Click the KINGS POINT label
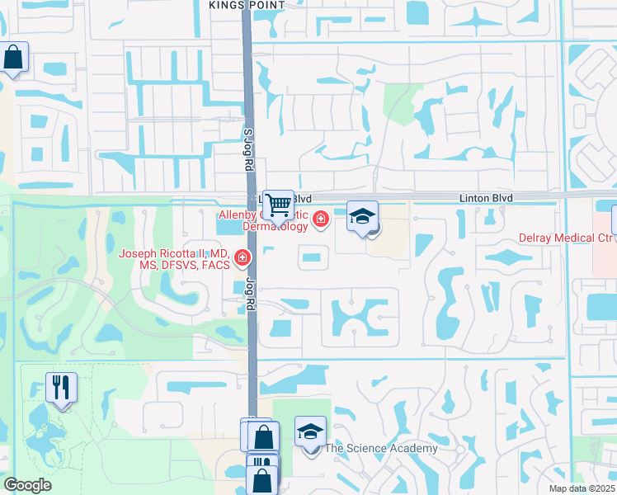247,5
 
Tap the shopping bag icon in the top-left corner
13,58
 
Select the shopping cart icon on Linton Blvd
279,204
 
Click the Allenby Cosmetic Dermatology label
262,220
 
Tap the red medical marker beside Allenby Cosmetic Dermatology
319,219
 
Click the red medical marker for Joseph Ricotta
243,259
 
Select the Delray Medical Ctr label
566,238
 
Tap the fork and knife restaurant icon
61,388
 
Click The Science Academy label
380,448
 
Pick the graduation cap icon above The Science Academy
310,431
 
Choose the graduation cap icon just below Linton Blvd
362,217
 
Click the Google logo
27,485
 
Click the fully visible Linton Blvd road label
486,199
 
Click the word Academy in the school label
408,448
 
